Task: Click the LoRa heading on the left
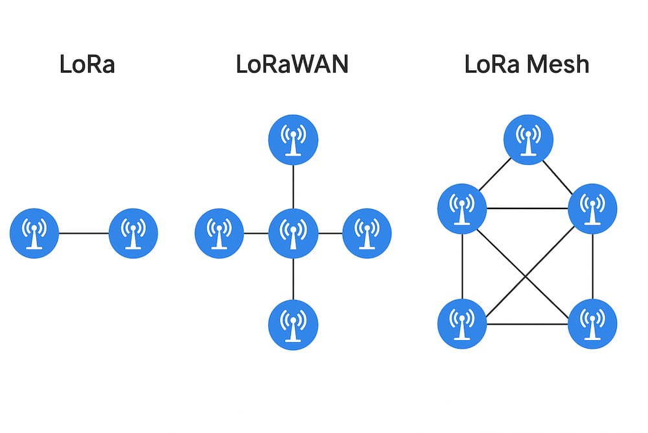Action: point(87,65)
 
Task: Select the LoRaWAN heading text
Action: point(292,65)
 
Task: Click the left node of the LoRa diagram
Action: point(34,233)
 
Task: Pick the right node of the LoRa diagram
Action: point(133,233)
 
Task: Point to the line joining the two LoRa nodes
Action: point(84,233)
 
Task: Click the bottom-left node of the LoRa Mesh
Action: point(462,323)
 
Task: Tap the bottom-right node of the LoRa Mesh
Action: point(593,323)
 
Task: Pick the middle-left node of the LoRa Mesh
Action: point(462,208)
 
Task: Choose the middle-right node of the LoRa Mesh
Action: point(593,208)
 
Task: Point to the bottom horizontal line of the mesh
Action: point(527,323)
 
